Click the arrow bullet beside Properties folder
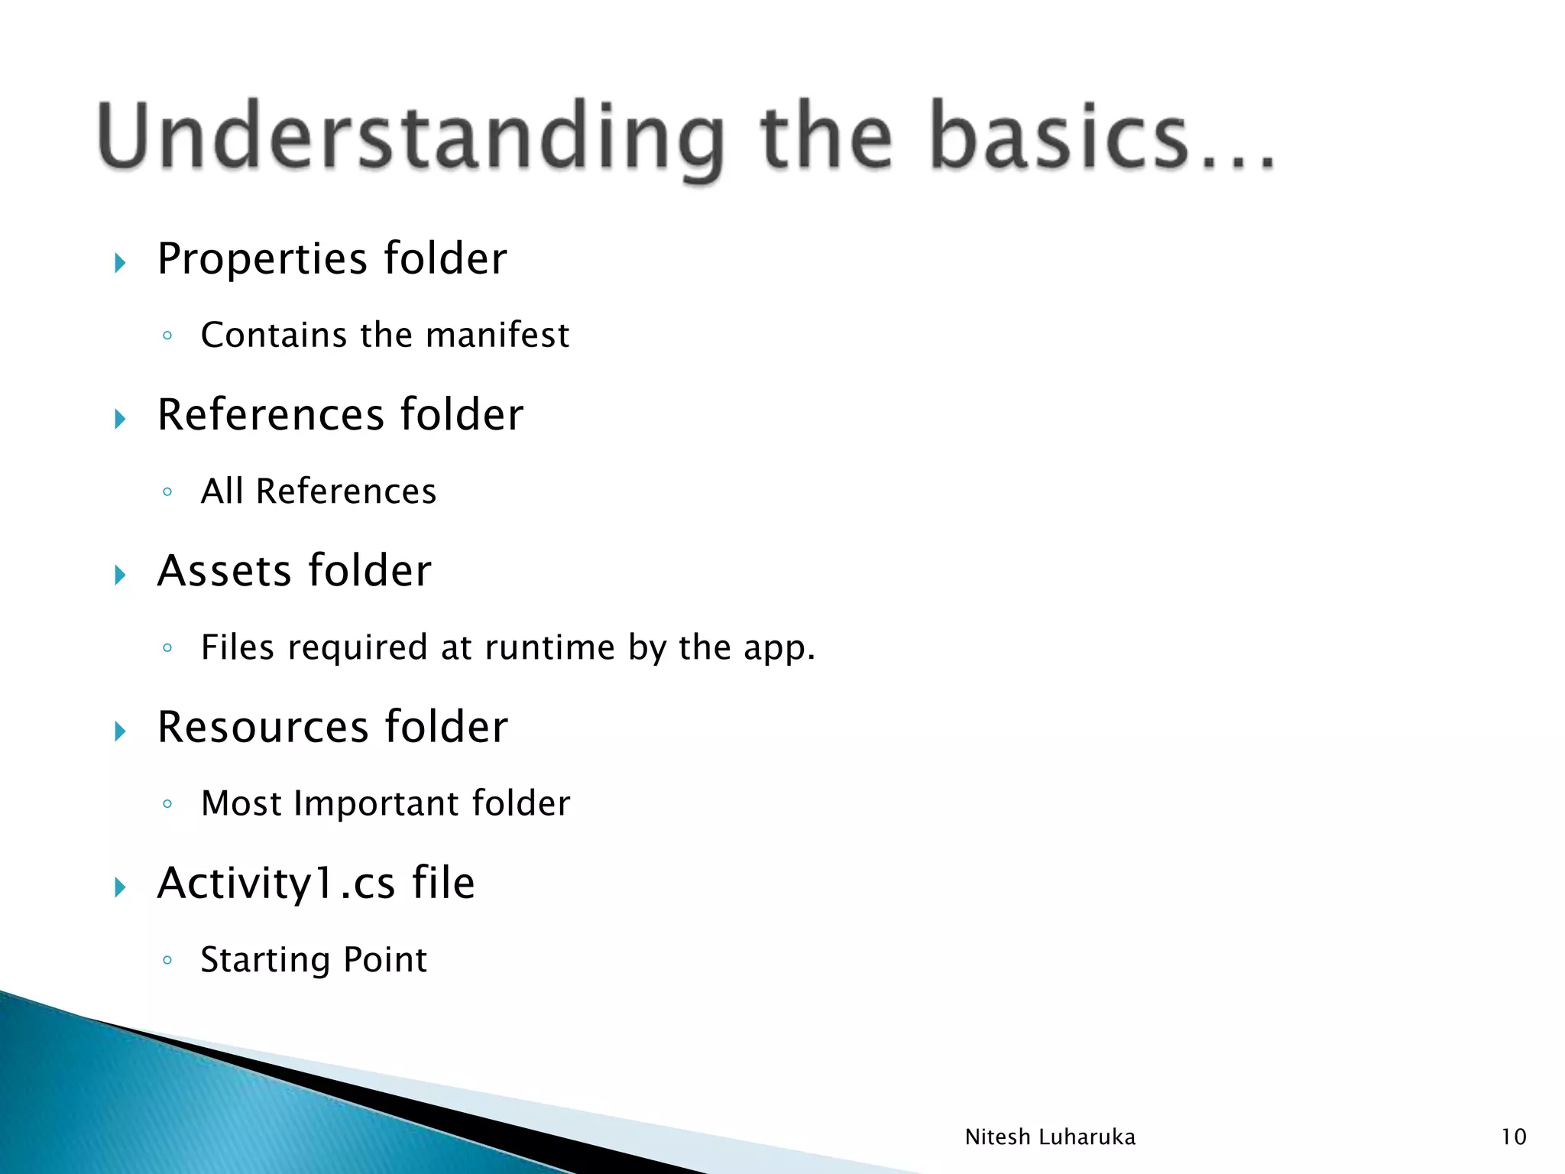[120, 264]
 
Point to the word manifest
[497, 336]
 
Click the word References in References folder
[271, 415]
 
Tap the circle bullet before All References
[167, 492]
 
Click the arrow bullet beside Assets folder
[120, 575]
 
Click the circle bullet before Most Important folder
[167, 804]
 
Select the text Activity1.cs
[276, 884]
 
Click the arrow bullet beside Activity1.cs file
[120, 887]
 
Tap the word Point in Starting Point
[385, 960]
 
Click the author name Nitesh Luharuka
[1050, 1137]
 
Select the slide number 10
[1513, 1137]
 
